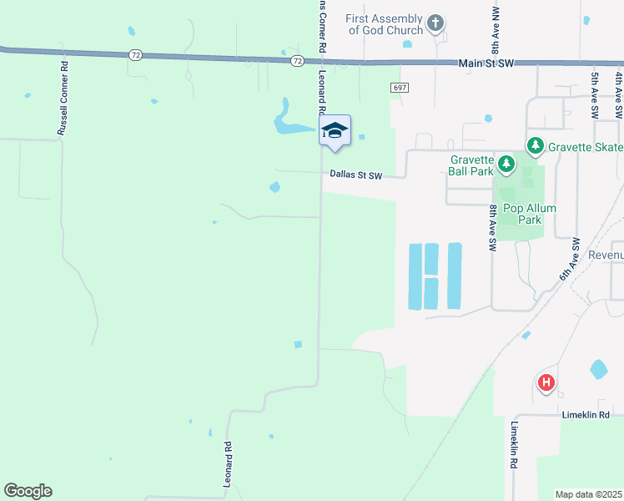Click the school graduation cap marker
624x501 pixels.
click(x=335, y=130)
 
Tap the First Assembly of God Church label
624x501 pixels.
click(x=385, y=24)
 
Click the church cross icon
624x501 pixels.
click(x=435, y=23)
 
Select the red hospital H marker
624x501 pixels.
click(x=546, y=383)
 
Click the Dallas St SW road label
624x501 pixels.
click(x=355, y=175)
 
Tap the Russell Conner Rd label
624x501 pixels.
click(x=63, y=98)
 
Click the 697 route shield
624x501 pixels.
click(x=399, y=88)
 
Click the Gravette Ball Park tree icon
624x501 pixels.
click(x=505, y=163)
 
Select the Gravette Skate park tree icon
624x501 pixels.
click(x=535, y=146)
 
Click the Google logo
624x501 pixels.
click(x=28, y=491)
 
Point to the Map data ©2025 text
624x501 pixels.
click(x=588, y=494)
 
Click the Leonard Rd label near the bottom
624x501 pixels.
click(x=227, y=465)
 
